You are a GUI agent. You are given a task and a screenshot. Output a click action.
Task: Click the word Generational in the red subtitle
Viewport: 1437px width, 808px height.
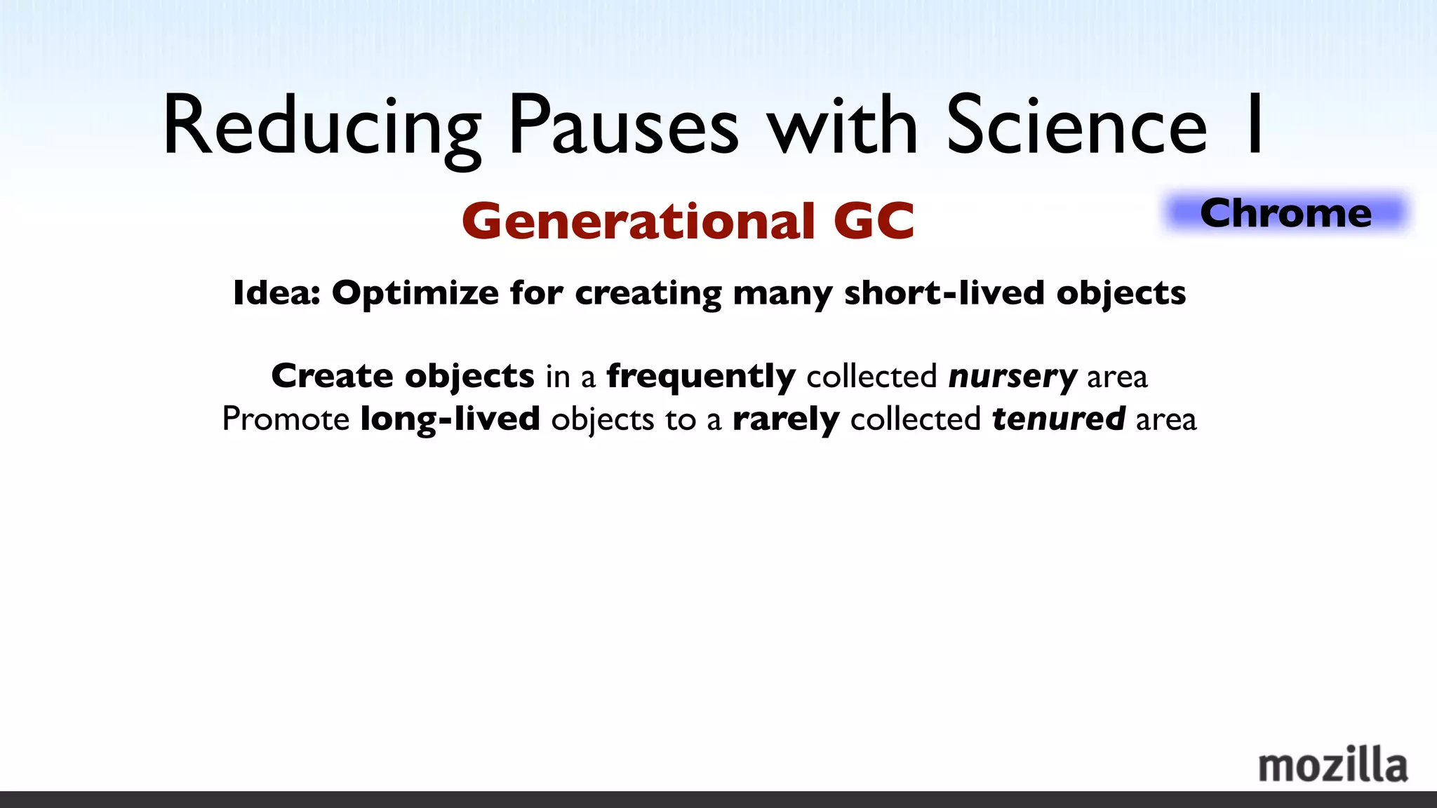click(x=639, y=222)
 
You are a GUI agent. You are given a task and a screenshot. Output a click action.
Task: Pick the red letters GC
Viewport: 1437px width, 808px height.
click(x=874, y=222)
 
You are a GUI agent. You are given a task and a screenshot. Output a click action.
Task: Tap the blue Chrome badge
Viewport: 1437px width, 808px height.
click(x=1285, y=213)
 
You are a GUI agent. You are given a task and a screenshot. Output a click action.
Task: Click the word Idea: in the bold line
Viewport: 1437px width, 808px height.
click(x=276, y=292)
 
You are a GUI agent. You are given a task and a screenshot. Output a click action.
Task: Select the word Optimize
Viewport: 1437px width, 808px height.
click(x=415, y=294)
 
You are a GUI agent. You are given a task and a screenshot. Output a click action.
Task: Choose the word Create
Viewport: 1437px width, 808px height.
click(x=332, y=376)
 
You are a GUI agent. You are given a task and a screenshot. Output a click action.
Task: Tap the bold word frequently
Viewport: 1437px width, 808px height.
click(x=701, y=377)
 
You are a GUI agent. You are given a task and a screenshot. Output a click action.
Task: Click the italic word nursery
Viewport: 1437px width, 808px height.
click(x=1012, y=377)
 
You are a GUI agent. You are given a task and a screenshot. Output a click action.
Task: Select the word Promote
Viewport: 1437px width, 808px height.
click(x=286, y=419)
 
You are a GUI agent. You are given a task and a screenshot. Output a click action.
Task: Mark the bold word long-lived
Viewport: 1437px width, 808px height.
click(x=450, y=419)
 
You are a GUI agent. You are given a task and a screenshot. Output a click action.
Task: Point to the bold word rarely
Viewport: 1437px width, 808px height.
click(x=786, y=420)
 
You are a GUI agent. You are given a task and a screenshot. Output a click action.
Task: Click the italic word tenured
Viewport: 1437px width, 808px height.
click(x=1059, y=419)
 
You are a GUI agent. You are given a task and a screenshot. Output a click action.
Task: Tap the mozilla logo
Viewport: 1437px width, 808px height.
click(x=1332, y=765)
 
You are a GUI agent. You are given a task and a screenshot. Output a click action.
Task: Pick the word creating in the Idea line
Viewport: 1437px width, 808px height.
click(x=648, y=294)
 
